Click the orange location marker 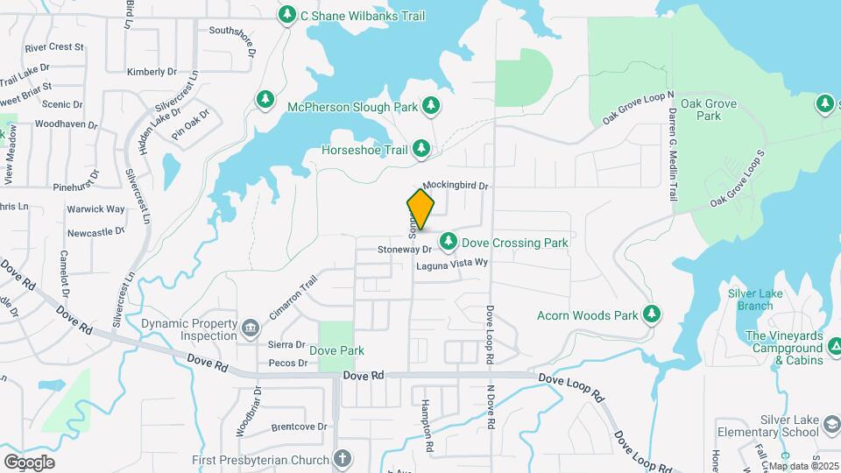(421, 209)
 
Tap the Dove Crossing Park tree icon (449, 240)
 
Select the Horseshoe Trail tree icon (421, 150)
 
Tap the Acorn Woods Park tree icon (651, 314)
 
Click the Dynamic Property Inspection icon (251, 328)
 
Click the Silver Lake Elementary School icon (830, 426)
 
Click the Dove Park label (336, 351)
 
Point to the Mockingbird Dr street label (455, 186)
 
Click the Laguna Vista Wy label (451, 263)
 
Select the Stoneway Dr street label (406, 250)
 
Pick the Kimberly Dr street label (152, 72)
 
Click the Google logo (29, 462)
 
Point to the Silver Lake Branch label (754, 299)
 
